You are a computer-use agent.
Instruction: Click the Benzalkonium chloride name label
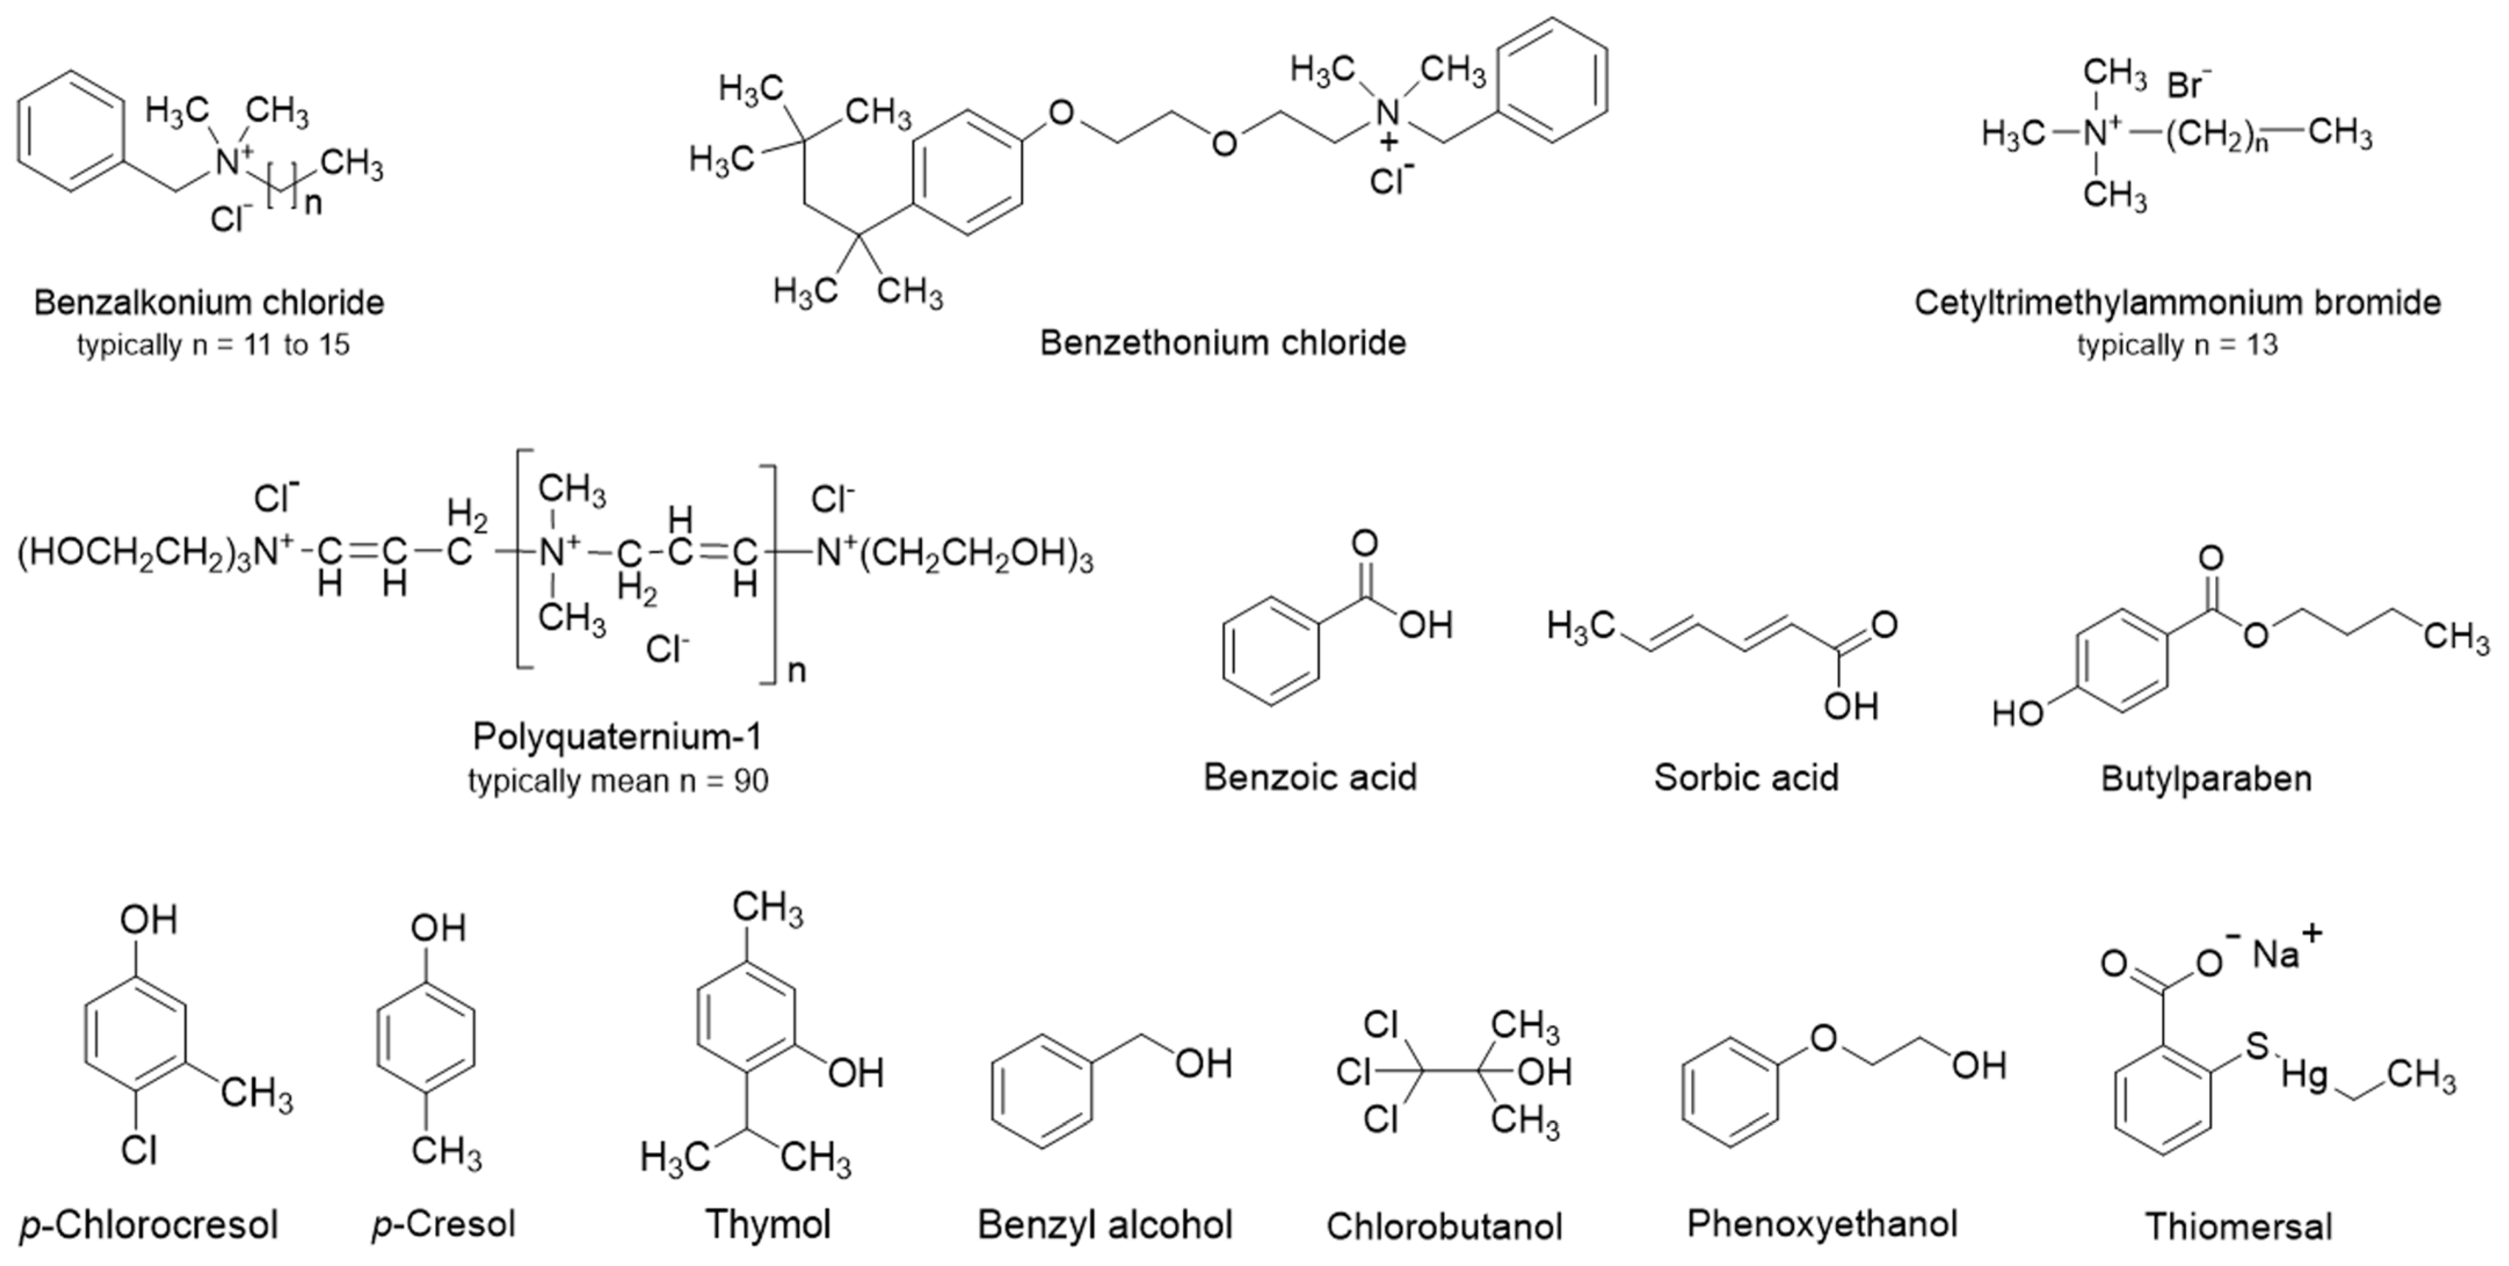point(209,303)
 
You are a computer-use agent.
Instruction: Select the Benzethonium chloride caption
point(1223,343)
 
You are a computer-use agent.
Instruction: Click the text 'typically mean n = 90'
point(617,781)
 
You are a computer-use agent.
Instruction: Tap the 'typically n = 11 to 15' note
point(213,345)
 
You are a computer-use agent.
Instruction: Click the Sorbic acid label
point(1746,777)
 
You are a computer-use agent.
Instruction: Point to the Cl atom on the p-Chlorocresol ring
point(139,1151)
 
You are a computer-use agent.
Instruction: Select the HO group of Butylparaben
point(2017,714)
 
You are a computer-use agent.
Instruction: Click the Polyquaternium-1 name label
point(617,737)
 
